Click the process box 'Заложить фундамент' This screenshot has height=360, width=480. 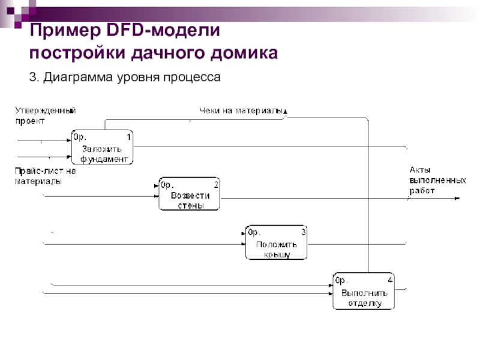(103, 147)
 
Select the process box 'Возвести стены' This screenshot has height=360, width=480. (190, 193)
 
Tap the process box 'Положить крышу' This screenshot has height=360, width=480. (276, 242)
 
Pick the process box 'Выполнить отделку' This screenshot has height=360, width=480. (364, 291)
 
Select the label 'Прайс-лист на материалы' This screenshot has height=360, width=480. (45, 176)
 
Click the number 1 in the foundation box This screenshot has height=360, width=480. (129, 137)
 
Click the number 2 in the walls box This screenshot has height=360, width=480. (216, 184)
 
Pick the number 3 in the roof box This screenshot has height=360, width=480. (304, 232)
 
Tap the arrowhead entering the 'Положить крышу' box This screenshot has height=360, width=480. (243, 244)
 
